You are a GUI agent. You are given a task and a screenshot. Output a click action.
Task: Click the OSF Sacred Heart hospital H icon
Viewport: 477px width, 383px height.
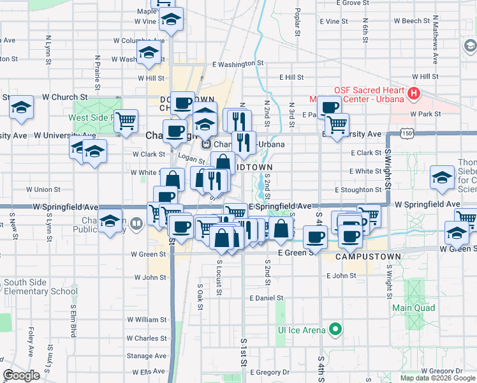pos(414,94)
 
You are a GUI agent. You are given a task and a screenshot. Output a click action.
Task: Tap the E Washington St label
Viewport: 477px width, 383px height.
pos(238,64)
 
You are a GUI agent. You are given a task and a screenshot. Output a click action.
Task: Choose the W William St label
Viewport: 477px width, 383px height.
pos(146,319)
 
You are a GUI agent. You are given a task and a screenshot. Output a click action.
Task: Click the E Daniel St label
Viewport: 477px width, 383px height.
pos(267,298)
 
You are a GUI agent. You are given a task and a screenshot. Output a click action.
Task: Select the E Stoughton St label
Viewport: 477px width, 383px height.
pos(358,190)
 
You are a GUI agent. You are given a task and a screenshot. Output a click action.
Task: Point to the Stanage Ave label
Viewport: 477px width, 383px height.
pos(148,356)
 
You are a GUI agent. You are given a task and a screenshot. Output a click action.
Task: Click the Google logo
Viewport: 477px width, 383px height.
pos(22,375)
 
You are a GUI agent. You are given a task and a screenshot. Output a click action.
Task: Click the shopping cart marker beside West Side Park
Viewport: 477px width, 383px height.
pos(126,121)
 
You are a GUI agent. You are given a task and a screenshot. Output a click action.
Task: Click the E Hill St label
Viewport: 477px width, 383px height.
pos(291,77)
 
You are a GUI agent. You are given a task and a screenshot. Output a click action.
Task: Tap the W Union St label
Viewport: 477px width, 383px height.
pos(43,189)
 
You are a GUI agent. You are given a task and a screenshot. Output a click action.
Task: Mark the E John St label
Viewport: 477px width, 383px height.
pos(341,276)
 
